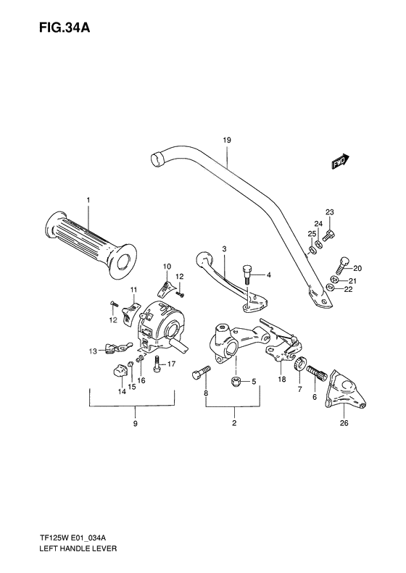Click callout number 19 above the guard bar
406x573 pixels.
pos(226,138)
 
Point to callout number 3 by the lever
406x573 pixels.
pos(224,249)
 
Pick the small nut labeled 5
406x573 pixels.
pos(236,381)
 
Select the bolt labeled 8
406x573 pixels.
pos(200,374)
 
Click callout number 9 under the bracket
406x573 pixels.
pos(133,425)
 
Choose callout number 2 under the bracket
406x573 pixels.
pos(234,425)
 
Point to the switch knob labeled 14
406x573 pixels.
pos(119,371)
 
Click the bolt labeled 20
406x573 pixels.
pos(341,266)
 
